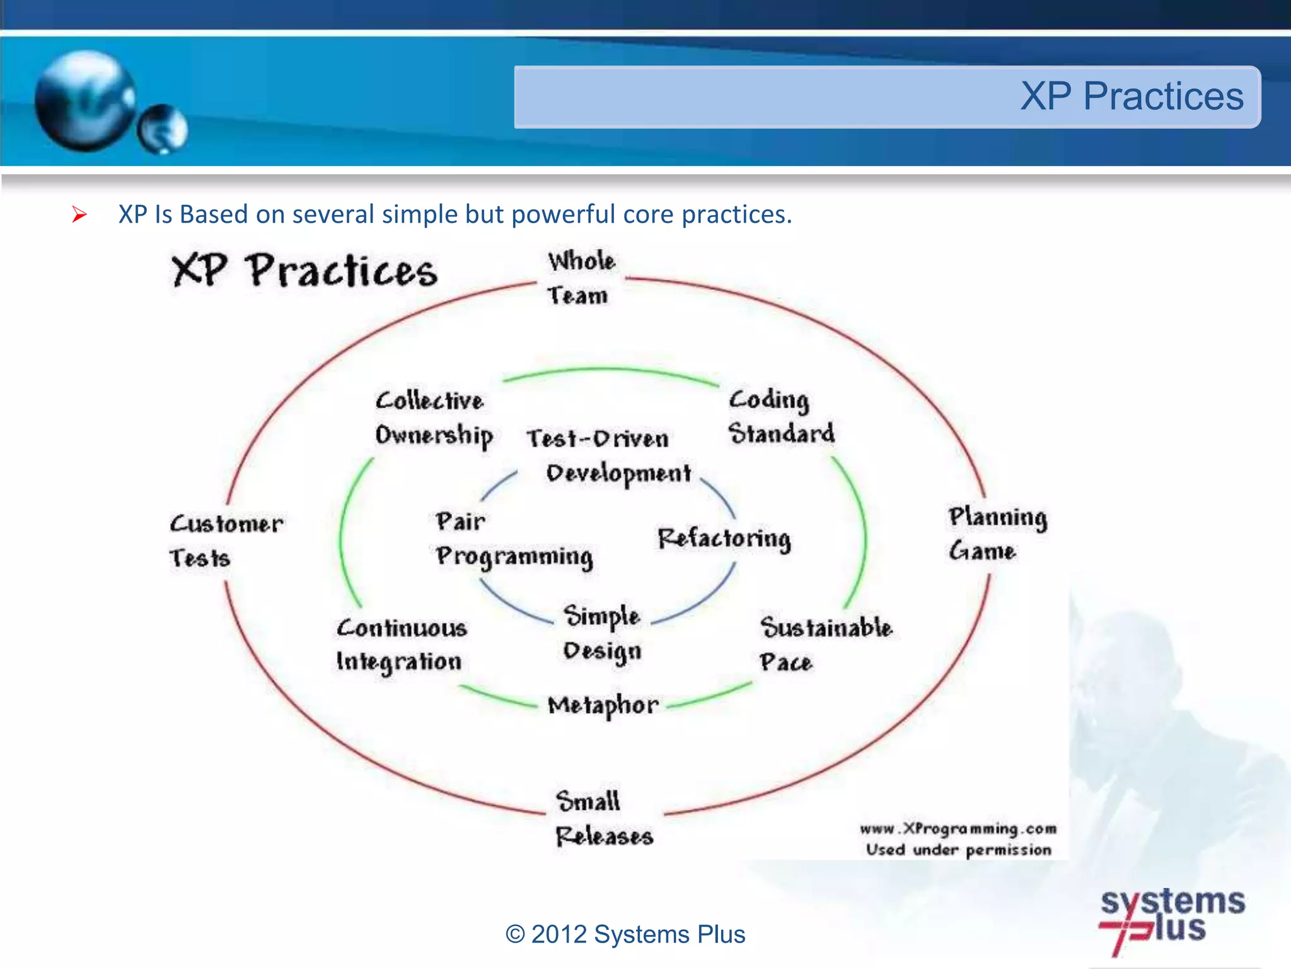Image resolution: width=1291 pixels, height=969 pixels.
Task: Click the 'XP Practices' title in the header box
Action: tap(1132, 97)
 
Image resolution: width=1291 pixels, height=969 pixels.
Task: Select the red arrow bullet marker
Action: tap(79, 215)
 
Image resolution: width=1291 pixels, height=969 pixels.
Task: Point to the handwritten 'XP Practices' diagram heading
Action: tap(304, 271)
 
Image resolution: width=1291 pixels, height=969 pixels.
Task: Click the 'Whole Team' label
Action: tap(580, 278)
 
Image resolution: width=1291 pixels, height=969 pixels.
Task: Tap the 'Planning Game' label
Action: tap(996, 534)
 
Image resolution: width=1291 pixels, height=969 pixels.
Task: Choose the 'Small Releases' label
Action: tap(603, 818)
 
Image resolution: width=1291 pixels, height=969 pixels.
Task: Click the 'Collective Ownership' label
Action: tap(433, 418)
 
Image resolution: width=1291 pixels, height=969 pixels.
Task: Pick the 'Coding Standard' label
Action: tap(780, 416)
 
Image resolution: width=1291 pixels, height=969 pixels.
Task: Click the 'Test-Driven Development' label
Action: tap(608, 455)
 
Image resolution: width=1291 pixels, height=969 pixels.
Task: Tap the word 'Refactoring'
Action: tap(724, 538)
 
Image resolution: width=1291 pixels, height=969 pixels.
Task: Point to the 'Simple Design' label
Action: tap(602, 633)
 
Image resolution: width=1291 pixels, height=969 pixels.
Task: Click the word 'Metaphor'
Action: tap(603, 705)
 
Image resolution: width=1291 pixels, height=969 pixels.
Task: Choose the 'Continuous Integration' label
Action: tap(402, 645)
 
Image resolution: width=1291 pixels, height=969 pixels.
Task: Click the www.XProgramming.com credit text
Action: tap(958, 828)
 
